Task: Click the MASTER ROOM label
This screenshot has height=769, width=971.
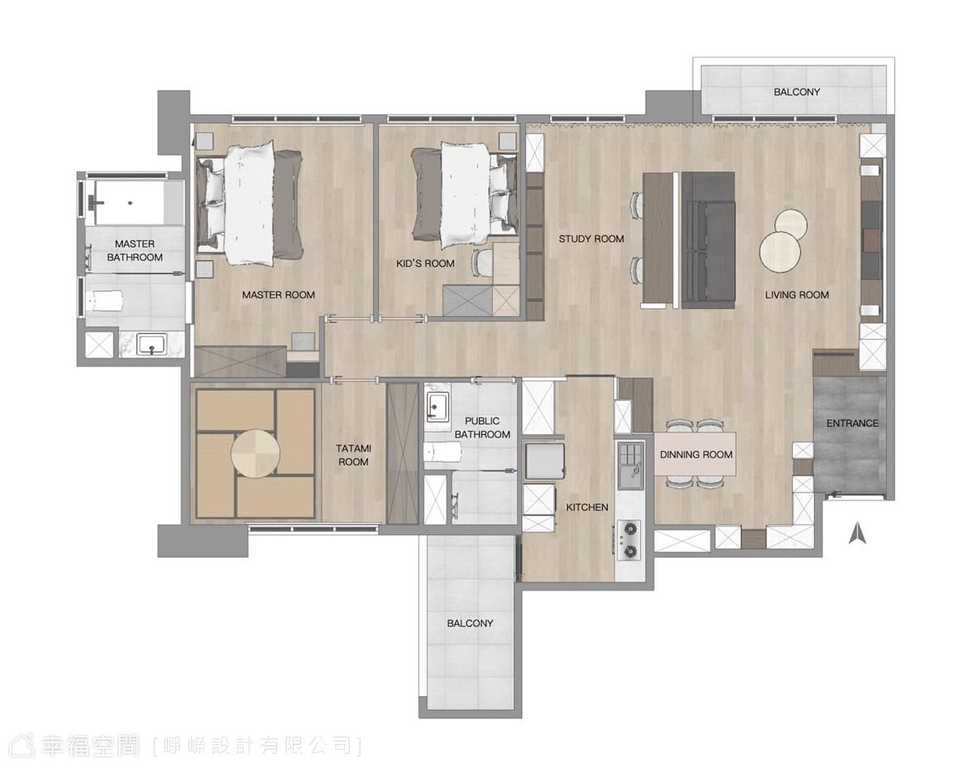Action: point(278,295)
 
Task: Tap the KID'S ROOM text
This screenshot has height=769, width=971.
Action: point(425,264)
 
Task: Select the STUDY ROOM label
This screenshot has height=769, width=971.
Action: point(591,239)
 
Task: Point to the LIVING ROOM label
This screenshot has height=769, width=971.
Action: point(797,295)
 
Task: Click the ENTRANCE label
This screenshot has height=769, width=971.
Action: point(852,423)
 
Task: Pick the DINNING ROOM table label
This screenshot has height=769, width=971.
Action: point(696,454)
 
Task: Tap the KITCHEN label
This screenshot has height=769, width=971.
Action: point(587,507)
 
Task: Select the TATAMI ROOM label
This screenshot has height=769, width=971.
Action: point(354,455)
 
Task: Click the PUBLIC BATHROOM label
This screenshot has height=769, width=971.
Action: point(482,428)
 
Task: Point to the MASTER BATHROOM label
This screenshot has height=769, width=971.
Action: point(134,251)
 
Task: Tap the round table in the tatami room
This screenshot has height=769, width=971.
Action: point(255,454)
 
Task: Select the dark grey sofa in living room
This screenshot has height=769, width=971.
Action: point(708,240)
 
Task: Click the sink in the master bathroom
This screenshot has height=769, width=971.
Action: point(151,345)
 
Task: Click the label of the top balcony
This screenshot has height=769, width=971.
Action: point(797,92)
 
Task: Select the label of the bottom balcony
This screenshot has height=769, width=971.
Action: point(469,623)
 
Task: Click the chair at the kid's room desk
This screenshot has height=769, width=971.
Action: point(482,263)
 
